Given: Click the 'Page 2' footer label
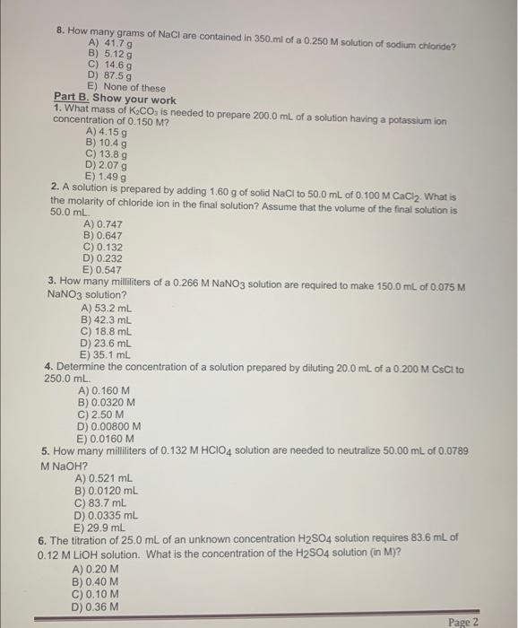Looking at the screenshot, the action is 464,622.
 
